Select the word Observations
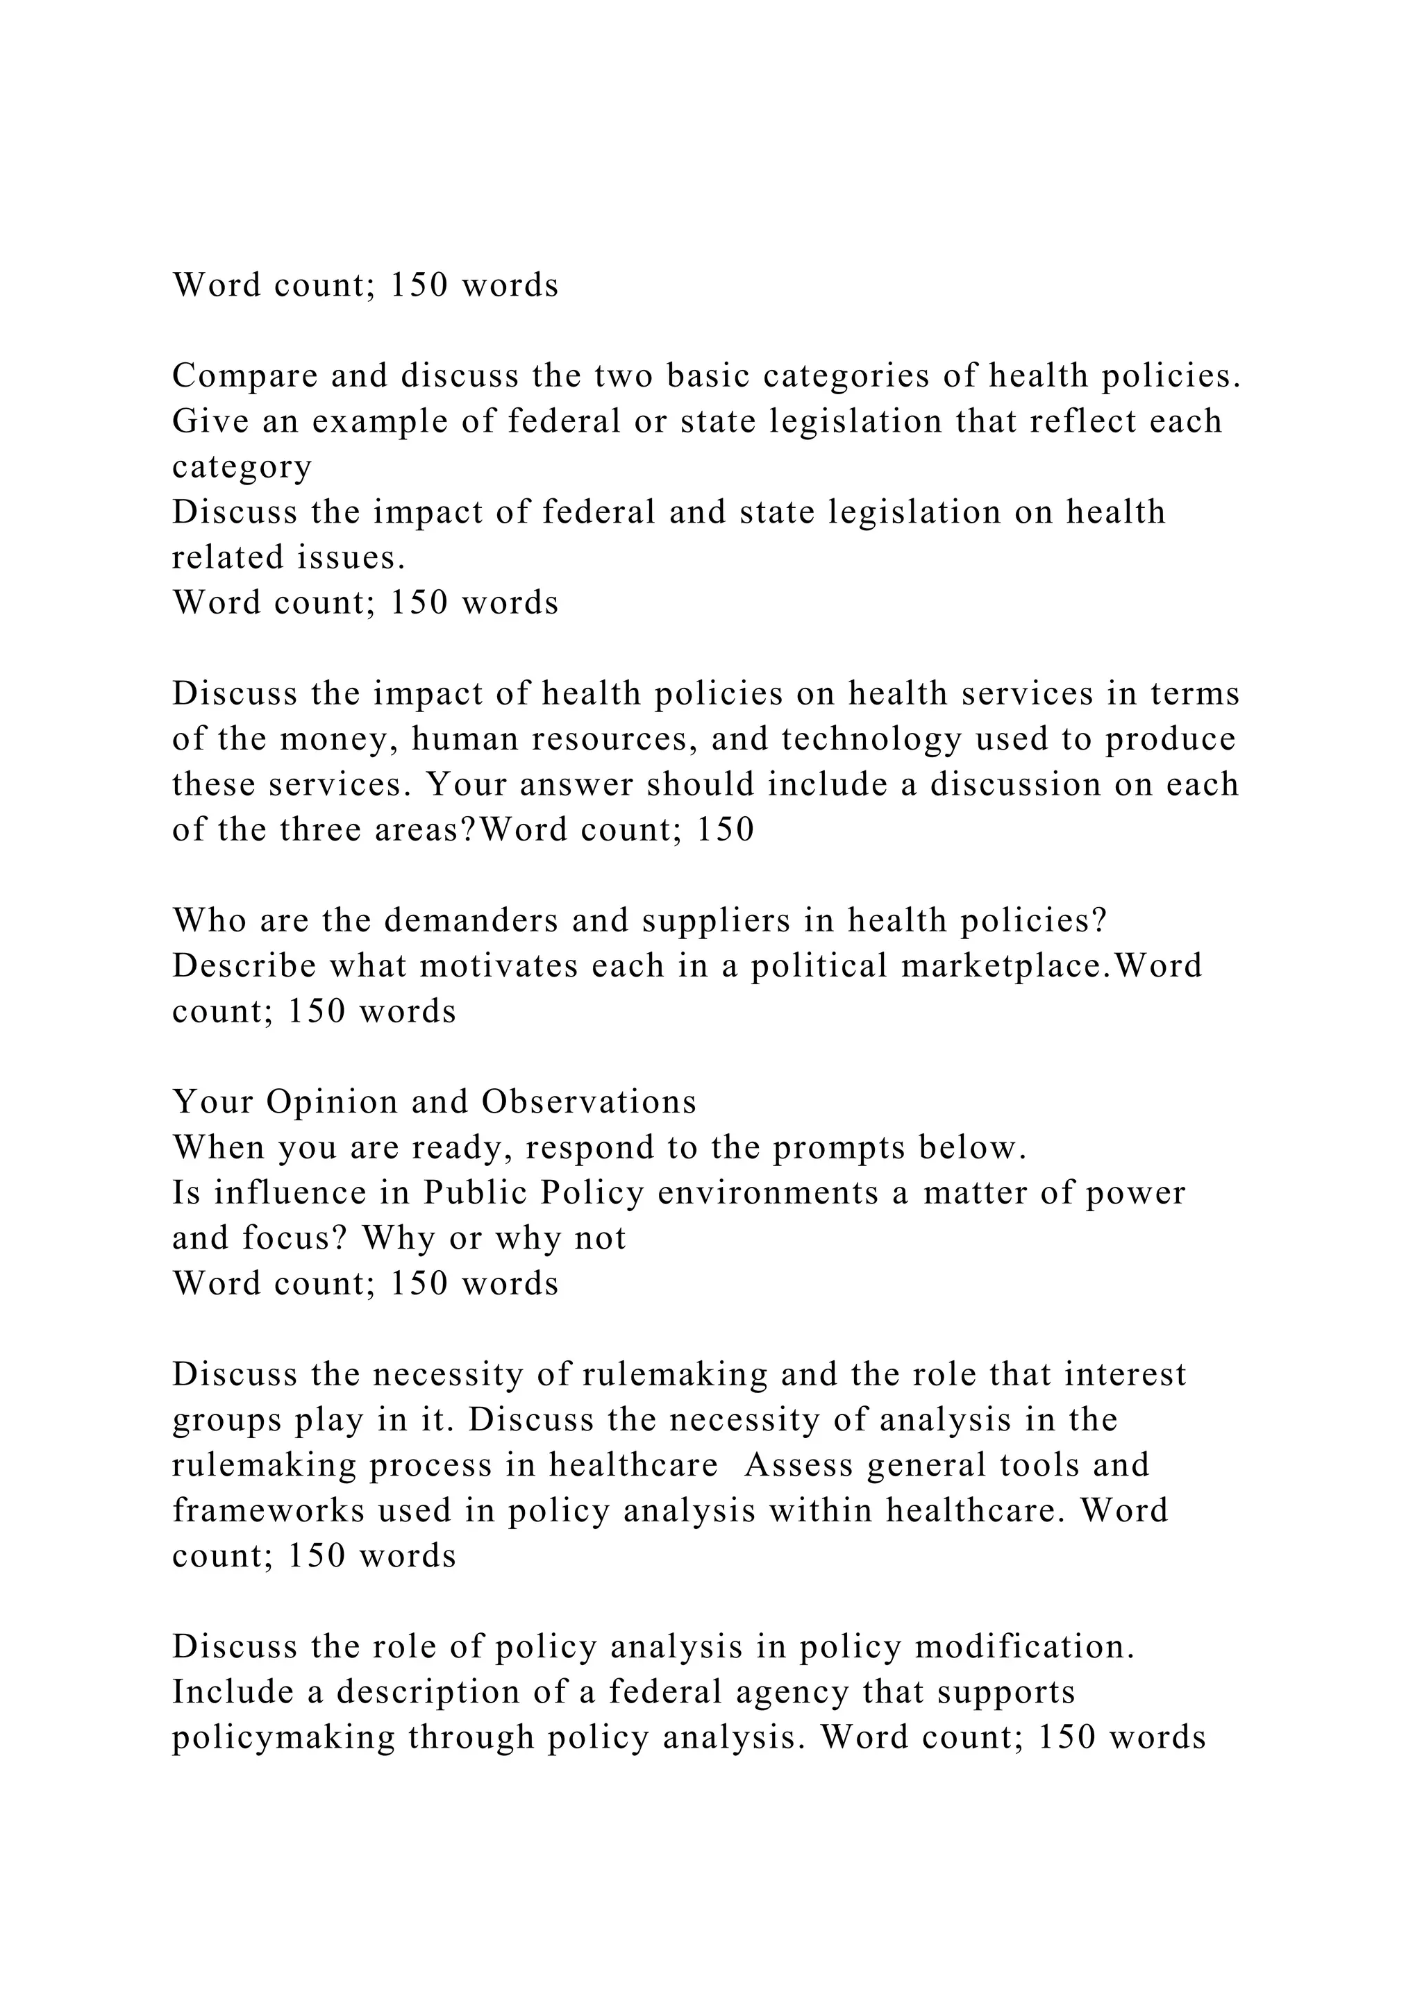588,1102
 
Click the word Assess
798,1465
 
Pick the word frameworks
268,1511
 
